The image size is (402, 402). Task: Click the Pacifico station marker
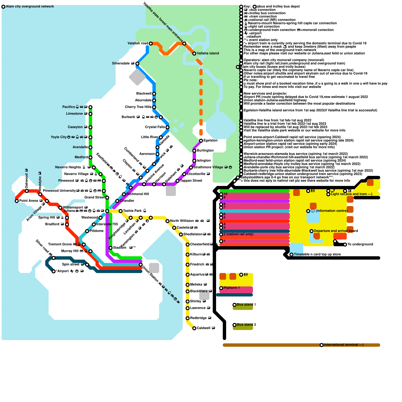[x=90, y=107]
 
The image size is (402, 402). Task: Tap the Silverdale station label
[x=121, y=64]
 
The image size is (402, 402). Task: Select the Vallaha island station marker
[x=194, y=54]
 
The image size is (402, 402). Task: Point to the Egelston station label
[x=211, y=141]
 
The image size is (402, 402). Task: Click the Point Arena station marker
[x=17, y=201]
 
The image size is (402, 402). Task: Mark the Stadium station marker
[x=111, y=248]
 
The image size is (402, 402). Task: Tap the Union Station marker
[x=141, y=265]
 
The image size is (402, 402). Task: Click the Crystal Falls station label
[x=155, y=127]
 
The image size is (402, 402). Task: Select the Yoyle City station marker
[x=90, y=137]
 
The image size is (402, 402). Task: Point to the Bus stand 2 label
[x=246, y=325]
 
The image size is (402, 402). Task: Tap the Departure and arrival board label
[x=336, y=231]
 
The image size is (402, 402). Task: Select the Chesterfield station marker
[x=188, y=245]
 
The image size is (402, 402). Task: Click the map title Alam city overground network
[x=30, y=7]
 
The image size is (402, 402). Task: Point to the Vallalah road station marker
[x=151, y=44]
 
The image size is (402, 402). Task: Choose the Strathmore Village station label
[x=208, y=167]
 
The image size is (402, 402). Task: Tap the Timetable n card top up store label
[x=317, y=255]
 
